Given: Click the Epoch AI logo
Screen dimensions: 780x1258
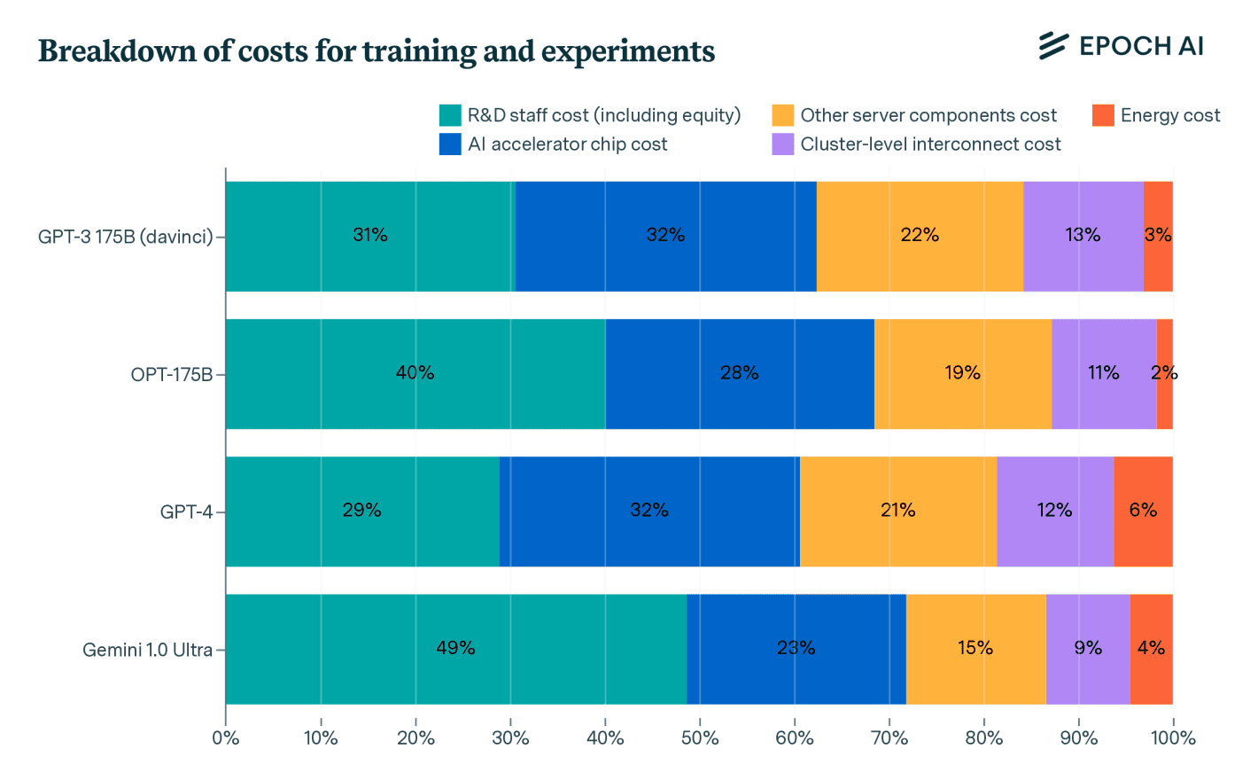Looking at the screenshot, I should [1121, 45].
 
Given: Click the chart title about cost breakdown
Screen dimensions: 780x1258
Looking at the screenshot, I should [377, 51].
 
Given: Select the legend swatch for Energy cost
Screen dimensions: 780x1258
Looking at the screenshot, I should [1103, 115].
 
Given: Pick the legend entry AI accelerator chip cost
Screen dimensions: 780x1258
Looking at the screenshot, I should [567, 144].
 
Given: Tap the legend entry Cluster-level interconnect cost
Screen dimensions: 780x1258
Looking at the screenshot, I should [930, 144].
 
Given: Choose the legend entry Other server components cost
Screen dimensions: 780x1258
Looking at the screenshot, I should [928, 115].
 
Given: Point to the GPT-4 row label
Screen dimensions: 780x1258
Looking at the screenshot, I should [186, 512].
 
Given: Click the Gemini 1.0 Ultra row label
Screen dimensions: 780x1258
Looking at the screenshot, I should [147, 650].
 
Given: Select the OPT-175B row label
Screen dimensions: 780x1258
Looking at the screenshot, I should [171, 374].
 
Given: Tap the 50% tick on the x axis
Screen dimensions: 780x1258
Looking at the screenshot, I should [700, 737].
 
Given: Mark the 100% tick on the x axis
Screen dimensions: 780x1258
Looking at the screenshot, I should [1173, 737].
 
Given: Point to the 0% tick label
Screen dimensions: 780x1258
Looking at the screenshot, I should [226, 737].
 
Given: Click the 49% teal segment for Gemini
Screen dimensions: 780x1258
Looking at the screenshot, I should [455, 649].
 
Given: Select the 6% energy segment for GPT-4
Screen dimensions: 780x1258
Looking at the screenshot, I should [1143, 511].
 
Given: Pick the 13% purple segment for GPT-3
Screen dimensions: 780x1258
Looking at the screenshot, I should [1083, 236].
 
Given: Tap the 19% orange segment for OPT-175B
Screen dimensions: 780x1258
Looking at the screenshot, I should [962, 374].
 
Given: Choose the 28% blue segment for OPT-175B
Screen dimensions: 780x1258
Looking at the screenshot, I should [739, 374].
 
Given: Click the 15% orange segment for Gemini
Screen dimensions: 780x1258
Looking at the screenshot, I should [975, 649].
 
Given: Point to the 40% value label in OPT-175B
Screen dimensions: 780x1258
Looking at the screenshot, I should [415, 373].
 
